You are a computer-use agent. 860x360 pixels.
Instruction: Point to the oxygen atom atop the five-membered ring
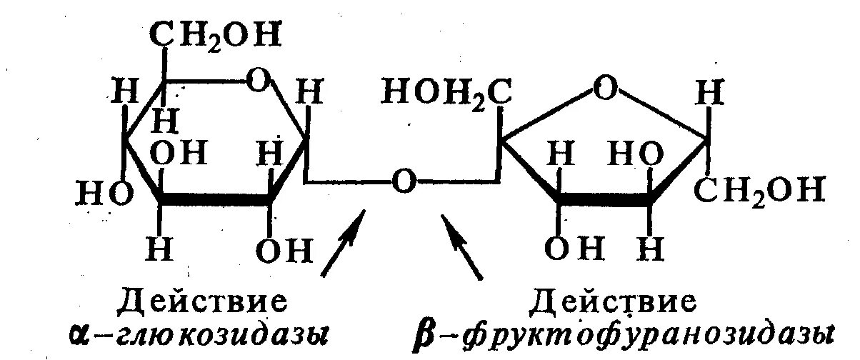pos(604,91)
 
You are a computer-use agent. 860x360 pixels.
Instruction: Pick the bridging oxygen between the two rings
pos(404,183)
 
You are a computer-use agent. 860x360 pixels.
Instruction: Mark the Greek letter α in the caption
pos(81,333)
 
